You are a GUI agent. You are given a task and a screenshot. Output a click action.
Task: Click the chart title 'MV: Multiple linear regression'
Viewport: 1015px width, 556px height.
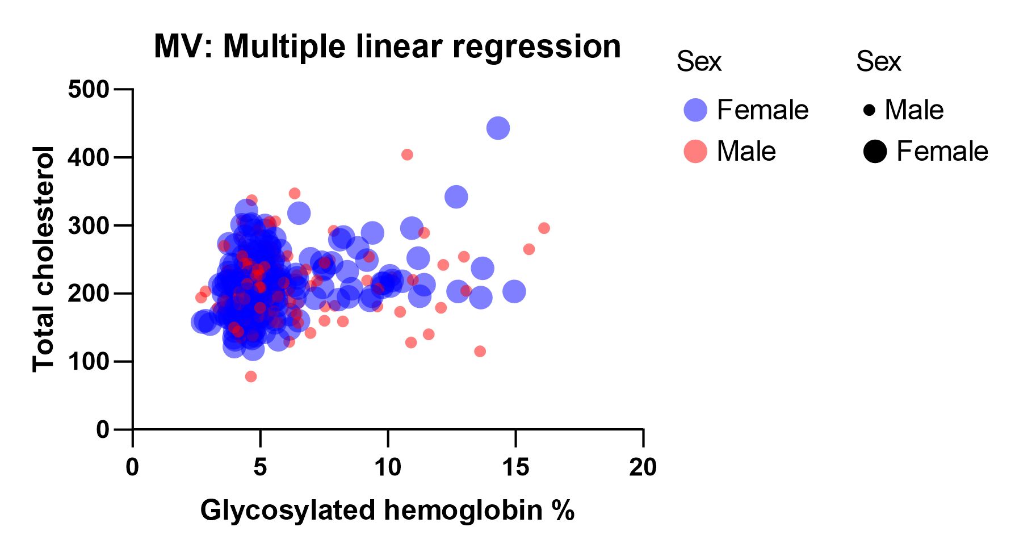(x=387, y=47)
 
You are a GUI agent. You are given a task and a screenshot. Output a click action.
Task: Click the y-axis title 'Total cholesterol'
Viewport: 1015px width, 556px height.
(x=44, y=259)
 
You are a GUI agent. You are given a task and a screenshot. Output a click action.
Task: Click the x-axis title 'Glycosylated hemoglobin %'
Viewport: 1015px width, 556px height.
(x=387, y=510)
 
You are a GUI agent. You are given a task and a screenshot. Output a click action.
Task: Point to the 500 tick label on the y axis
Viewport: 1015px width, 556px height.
(x=88, y=90)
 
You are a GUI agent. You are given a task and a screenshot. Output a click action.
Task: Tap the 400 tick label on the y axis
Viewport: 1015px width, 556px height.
(x=88, y=157)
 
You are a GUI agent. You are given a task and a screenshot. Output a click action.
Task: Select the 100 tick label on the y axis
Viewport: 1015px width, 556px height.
(x=88, y=361)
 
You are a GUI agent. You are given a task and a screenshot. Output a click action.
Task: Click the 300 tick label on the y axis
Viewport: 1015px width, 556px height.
(x=88, y=225)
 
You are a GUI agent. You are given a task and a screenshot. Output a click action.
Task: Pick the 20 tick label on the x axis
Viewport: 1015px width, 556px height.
(x=643, y=468)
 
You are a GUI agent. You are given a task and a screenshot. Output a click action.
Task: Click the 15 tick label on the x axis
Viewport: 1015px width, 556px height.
(x=515, y=468)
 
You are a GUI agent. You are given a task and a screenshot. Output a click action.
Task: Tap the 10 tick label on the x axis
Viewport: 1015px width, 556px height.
(x=388, y=468)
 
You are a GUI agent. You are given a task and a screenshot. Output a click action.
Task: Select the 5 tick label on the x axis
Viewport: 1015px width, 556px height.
(x=260, y=468)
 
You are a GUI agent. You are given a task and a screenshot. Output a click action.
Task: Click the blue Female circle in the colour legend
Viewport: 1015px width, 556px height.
(x=695, y=110)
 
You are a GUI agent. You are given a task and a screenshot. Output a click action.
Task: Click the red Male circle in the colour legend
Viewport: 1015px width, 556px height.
(x=695, y=152)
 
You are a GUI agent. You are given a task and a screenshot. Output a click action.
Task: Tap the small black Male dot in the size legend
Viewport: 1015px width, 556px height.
(x=869, y=110)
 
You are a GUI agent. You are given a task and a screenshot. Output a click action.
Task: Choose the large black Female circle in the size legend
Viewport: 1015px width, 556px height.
(x=875, y=152)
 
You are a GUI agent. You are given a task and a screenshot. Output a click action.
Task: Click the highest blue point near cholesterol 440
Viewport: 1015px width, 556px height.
(x=498, y=128)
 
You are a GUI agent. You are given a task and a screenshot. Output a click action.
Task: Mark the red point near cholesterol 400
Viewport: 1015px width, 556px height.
(x=407, y=154)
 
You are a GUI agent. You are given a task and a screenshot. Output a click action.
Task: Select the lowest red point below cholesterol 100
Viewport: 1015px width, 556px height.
(x=251, y=377)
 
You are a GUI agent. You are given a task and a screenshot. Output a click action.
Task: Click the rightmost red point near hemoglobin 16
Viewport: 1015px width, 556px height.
(x=544, y=228)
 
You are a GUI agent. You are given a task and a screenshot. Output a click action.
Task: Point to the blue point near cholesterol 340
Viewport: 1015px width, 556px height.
(x=456, y=197)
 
